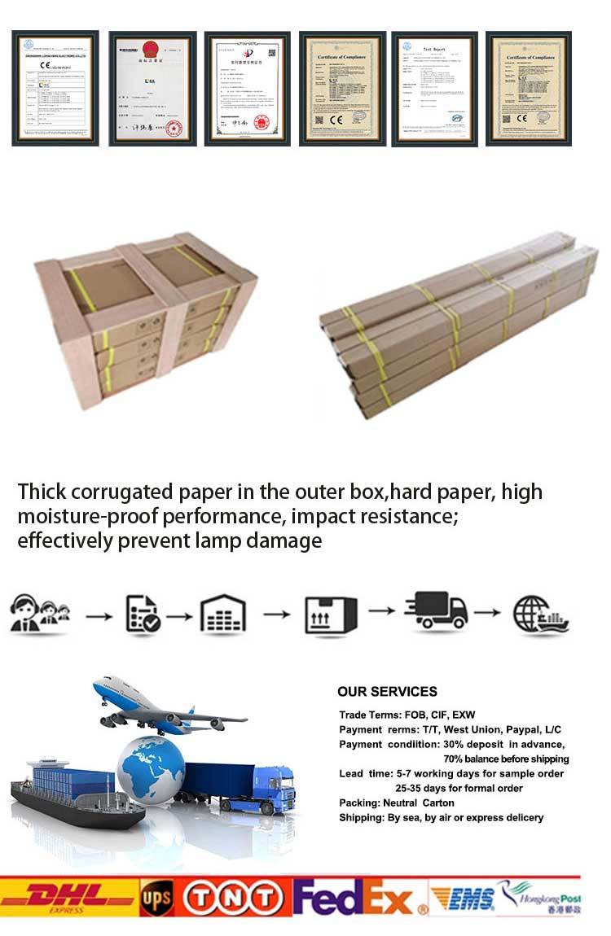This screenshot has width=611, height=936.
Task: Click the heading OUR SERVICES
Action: pos(387,692)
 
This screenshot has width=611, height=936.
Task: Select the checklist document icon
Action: pos(143,615)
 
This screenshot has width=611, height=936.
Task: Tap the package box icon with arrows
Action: pos(330,615)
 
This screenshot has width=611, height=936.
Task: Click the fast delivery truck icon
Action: pos(437,612)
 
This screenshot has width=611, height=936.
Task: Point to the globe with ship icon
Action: pos(540,615)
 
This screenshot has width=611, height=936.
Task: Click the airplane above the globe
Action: pos(163,706)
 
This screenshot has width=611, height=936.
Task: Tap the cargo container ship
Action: pos(73,794)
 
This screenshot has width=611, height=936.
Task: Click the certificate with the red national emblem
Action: pos(152,88)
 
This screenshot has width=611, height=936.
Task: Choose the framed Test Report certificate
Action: pos(433,88)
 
